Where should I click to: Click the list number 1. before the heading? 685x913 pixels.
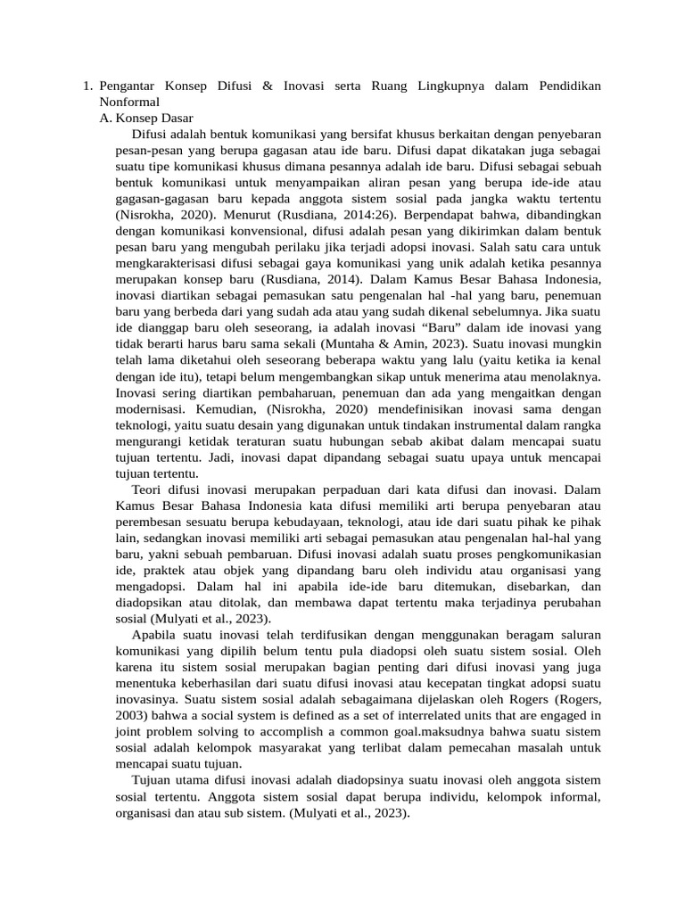tap(87, 86)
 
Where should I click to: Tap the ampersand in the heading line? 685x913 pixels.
tap(268, 86)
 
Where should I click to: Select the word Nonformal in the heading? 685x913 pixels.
tap(129, 102)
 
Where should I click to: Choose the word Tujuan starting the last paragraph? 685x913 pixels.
tap(153, 781)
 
